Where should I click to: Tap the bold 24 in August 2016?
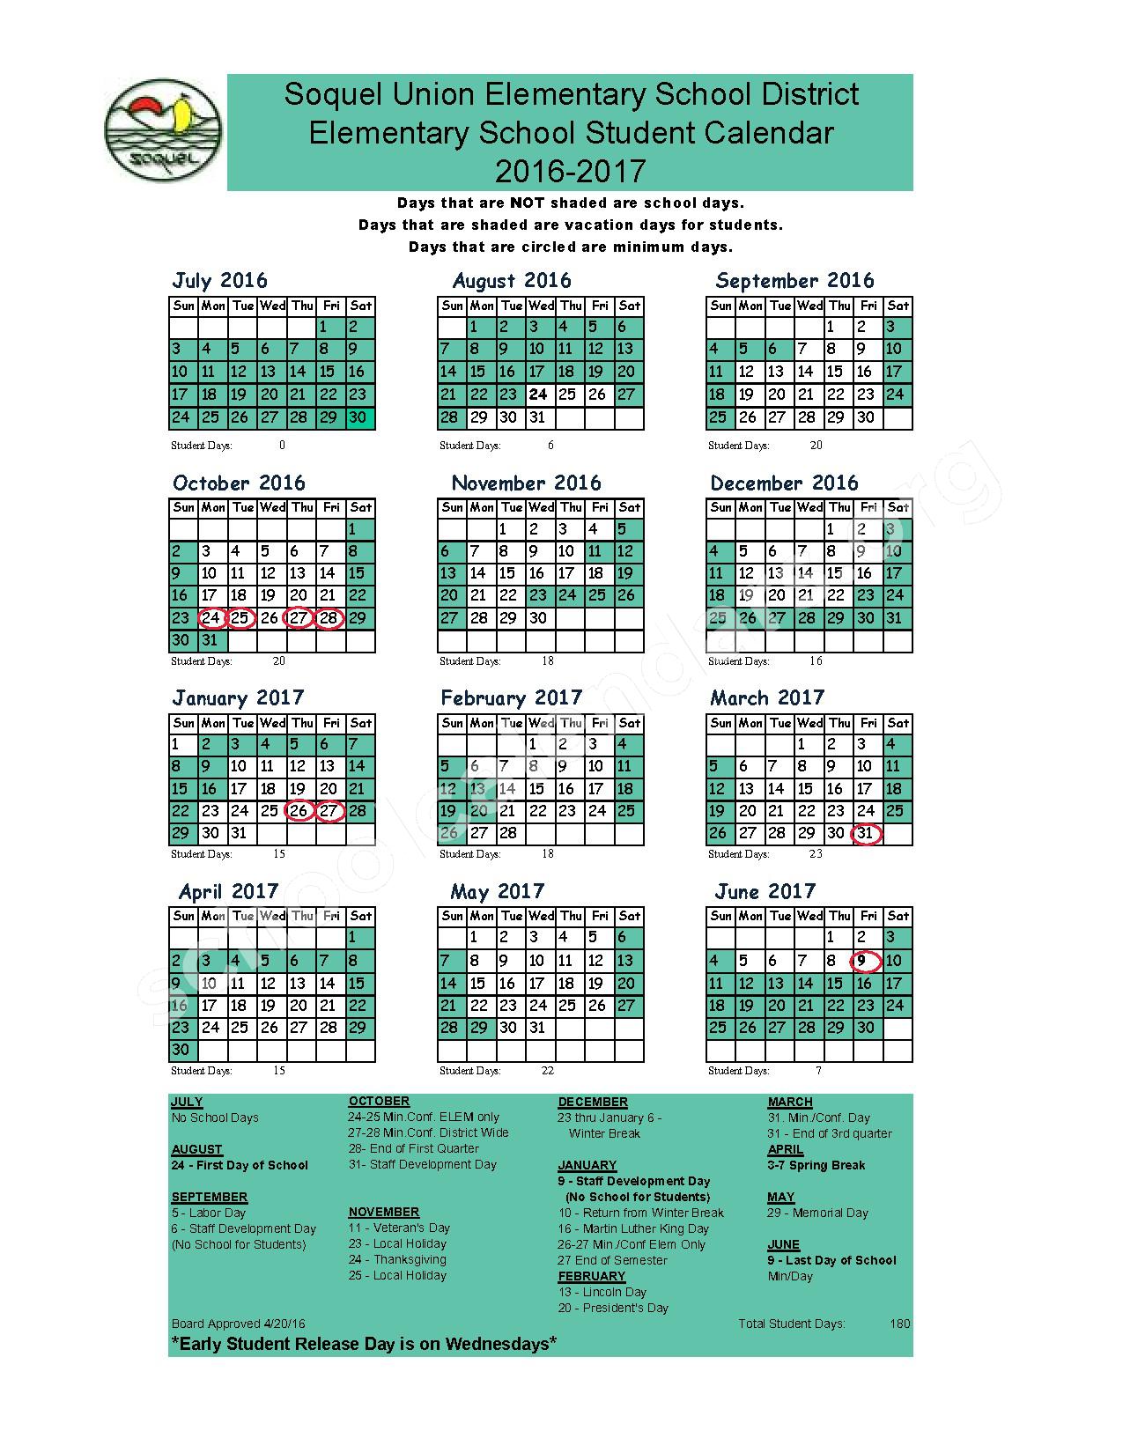(538, 395)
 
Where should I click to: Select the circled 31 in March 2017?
(866, 833)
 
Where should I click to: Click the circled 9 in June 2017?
(866, 961)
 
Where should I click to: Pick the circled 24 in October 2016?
(211, 618)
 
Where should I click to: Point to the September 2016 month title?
(794, 281)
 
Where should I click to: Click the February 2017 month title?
(511, 698)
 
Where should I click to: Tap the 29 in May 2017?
(479, 1028)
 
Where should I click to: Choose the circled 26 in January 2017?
(299, 811)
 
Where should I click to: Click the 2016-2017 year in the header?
(570, 170)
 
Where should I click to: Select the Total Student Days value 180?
(899, 1324)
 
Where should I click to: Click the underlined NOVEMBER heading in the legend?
(383, 1212)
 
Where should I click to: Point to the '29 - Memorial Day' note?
(817, 1213)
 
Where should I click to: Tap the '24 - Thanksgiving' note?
(397, 1259)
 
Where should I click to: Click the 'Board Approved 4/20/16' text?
(239, 1324)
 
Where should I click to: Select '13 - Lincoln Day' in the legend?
(602, 1292)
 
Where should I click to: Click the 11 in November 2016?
(596, 552)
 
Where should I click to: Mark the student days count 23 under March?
(816, 853)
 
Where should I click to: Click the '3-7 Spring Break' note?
(816, 1165)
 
